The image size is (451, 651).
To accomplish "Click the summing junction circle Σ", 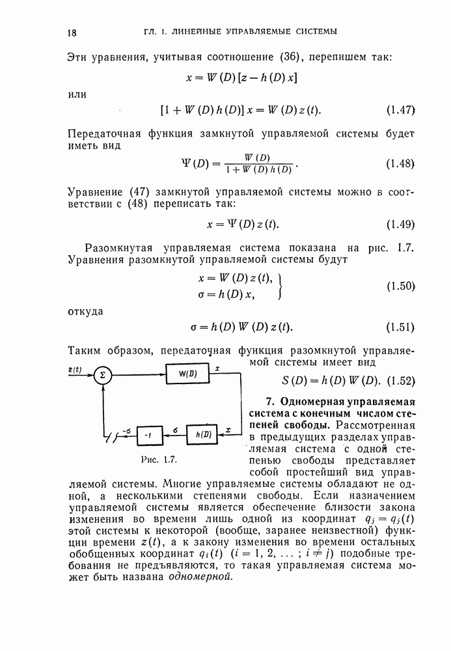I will pos(102,374).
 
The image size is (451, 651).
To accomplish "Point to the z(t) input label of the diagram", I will pos(74,369).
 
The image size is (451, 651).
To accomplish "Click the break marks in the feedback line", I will pos(117,436).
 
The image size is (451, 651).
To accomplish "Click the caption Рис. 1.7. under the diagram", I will pos(159,460).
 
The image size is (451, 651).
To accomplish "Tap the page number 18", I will pos(72,32).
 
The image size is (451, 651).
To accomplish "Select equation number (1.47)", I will pos(400,109).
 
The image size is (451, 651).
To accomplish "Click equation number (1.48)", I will pos(400,163).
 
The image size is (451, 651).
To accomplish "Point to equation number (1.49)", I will pos(400,225).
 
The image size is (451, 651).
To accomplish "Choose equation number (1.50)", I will pos(400,286).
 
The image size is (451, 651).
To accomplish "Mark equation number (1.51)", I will pos(400,326).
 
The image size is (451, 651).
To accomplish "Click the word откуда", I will pos(85,311).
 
